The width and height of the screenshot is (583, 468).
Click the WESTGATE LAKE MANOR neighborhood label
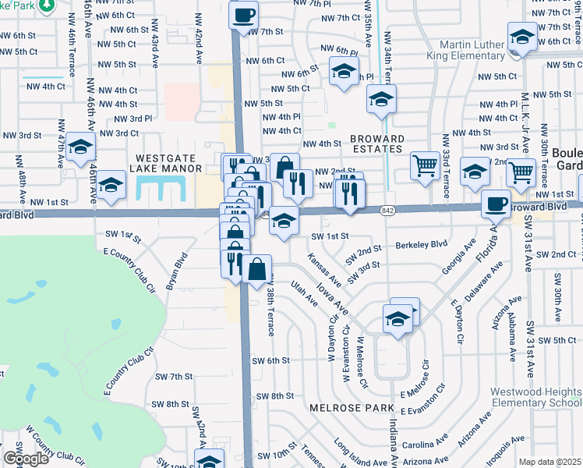(x=170, y=162)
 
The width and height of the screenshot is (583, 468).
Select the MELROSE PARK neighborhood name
(x=343, y=407)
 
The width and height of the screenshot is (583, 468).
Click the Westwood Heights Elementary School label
(x=536, y=397)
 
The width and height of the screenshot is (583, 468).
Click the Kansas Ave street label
(x=324, y=269)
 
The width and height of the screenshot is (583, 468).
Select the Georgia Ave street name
(x=458, y=278)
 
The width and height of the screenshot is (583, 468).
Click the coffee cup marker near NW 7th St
(x=244, y=15)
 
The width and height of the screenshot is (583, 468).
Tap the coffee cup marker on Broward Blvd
(x=495, y=204)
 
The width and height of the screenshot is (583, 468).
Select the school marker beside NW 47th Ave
(x=80, y=147)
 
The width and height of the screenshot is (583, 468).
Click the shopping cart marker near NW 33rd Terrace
(x=424, y=165)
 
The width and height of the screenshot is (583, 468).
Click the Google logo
(x=26, y=458)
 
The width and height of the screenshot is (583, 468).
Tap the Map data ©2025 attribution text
(x=549, y=462)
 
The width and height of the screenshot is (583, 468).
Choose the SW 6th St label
(x=271, y=360)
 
